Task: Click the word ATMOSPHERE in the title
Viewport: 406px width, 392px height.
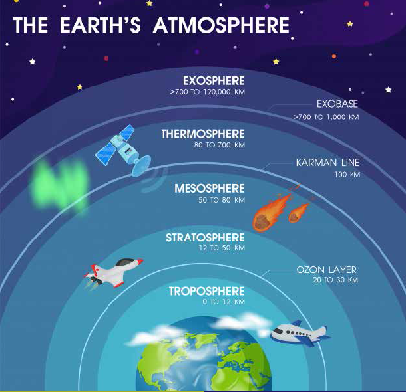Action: pyautogui.click(x=221, y=25)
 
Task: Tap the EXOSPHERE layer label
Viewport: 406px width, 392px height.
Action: pyautogui.click(x=214, y=81)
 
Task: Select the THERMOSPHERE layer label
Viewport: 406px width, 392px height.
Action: pyautogui.click(x=203, y=134)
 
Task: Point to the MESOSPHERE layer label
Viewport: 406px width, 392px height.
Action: pyautogui.click(x=210, y=189)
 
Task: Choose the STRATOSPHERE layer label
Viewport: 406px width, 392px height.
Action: pyautogui.click(x=205, y=237)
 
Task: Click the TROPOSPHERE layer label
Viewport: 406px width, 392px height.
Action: pyautogui.click(x=207, y=291)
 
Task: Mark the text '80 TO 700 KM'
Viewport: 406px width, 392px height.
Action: pyautogui.click(x=220, y=145)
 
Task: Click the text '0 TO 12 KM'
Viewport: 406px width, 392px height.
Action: pyautogui.click(x=224, y=302)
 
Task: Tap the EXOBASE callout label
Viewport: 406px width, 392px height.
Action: pyautogui.click(x=337, y=104)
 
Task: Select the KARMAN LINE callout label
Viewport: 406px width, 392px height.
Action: pyautogui.click(x=328, y=163)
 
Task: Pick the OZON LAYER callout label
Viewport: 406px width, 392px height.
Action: pyautogui.click(x=327, y=270)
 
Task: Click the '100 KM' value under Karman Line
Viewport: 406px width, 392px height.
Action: pyautogui.click(x=347, y=175)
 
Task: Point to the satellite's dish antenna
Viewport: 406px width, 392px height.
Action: pyautogui.click(x=141, y=166)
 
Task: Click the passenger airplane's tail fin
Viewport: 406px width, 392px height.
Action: pyautogui.click(x=321, y=332)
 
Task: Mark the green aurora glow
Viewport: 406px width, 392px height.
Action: pyautogui.click(x=60, y=185)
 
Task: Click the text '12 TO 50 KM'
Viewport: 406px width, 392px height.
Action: pyautogui.click(x=222, y=248)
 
